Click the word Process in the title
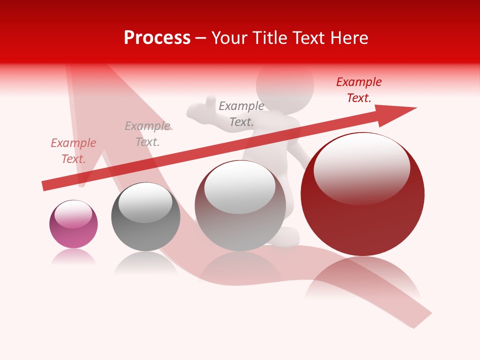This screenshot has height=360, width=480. (x=157, y=38)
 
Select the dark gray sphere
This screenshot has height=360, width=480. (x=145, y=217)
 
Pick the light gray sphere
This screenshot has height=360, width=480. (x=240, y=206)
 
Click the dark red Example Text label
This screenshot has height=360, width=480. (x=359, y=90)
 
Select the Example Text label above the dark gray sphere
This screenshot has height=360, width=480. (x=147, y=134)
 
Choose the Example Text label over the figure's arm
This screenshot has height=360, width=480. (x=241, y=113)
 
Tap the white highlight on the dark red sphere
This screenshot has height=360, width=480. (x=361, y=167)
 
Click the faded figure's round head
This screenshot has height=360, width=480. (x=285, y=85)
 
